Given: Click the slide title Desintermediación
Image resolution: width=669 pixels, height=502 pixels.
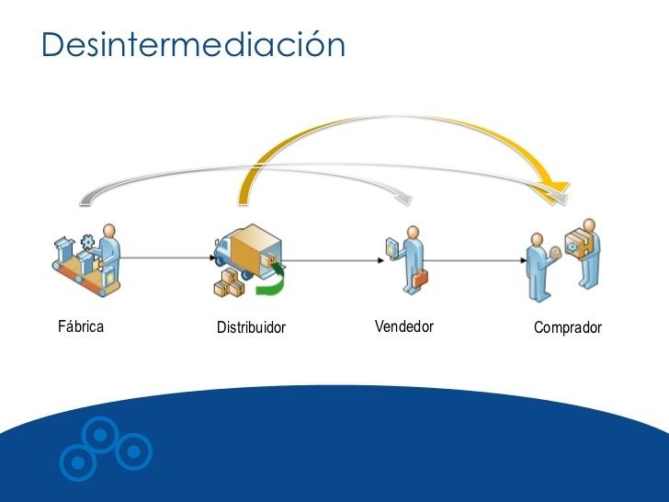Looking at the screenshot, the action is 193,44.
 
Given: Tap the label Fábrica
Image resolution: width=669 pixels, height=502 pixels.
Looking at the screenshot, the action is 81,326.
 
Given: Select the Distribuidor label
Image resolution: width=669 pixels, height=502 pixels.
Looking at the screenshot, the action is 251,327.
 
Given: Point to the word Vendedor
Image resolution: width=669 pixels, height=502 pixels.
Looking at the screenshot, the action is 404,326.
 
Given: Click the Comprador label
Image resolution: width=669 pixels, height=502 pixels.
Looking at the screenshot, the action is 568,327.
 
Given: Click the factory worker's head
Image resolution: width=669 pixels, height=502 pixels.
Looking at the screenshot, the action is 109,231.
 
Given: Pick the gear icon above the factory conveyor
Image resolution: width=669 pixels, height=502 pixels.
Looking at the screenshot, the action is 87,242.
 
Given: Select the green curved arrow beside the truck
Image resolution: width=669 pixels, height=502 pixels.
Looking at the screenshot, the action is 271,280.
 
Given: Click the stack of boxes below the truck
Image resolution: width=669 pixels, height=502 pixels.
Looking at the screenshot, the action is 229,283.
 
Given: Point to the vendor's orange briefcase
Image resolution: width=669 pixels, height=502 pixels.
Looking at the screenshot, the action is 420,279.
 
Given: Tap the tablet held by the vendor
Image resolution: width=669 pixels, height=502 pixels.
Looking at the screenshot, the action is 391,248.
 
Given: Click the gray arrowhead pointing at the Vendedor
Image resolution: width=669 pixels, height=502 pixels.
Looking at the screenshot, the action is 403,199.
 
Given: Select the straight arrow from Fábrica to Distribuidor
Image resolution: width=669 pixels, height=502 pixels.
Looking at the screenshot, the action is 167,257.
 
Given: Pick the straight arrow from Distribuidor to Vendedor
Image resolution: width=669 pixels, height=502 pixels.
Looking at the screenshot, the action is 334,260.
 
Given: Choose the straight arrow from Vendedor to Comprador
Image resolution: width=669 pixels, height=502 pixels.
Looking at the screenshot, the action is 475,260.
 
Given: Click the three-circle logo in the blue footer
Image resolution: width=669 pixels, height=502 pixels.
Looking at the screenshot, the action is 106,449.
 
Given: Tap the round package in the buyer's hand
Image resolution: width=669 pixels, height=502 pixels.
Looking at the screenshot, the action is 555,253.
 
